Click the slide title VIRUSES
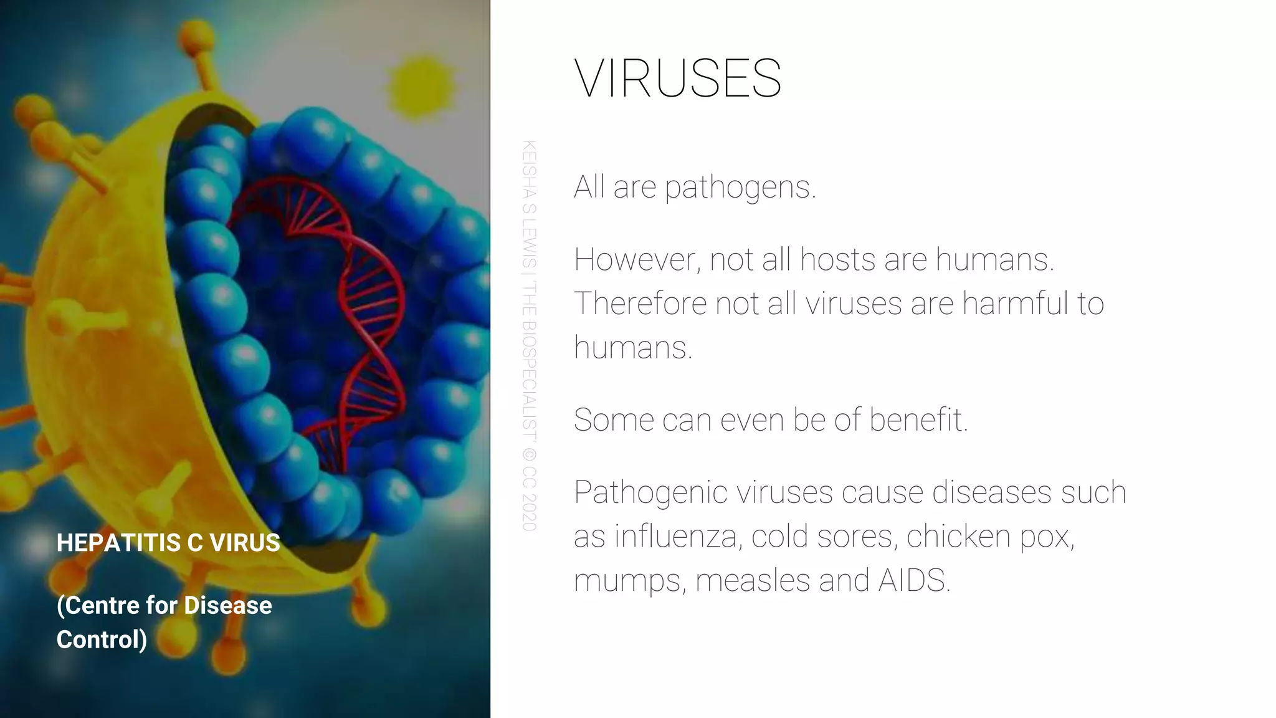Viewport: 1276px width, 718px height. [677, 79]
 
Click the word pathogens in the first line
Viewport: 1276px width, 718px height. [740, 187]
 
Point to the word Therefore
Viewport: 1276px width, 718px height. [640, 304]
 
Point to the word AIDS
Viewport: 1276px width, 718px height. [914, 580]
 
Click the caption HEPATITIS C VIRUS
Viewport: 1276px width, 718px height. [168, 543]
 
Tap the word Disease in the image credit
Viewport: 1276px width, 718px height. [228, 605]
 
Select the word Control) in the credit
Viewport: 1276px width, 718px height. [102, 639]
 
